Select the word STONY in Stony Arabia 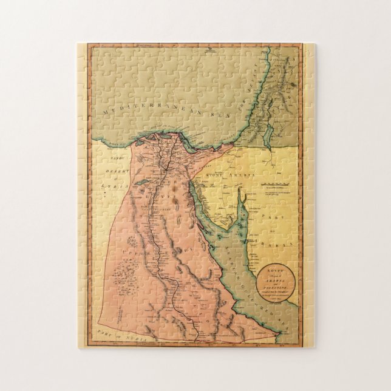[218, 176]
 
